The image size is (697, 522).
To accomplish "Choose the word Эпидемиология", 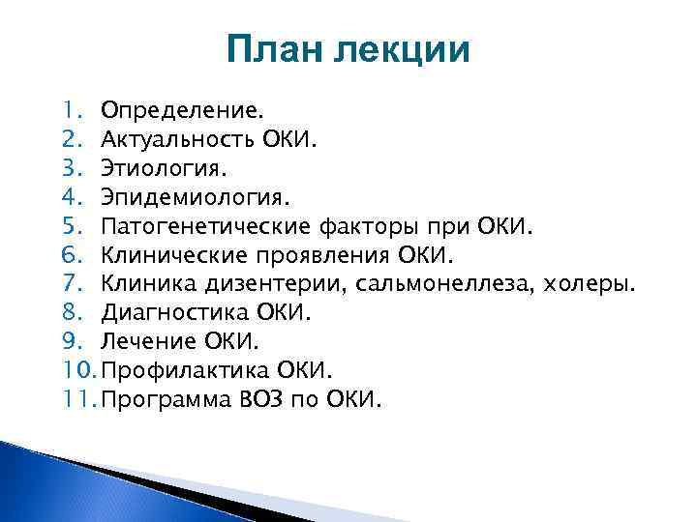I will coord(179,198).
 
